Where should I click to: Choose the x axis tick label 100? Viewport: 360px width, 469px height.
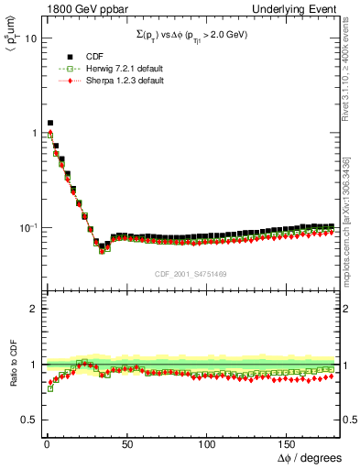click(x=206, y=443)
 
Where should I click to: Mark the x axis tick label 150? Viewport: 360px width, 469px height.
click(x=288, y=443)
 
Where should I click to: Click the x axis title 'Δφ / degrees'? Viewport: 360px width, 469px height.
click(x=308, y=457)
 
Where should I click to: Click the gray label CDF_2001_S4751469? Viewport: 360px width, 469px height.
click(x=191, y=271)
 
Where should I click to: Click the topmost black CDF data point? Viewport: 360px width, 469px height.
click(x=50, y=122)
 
